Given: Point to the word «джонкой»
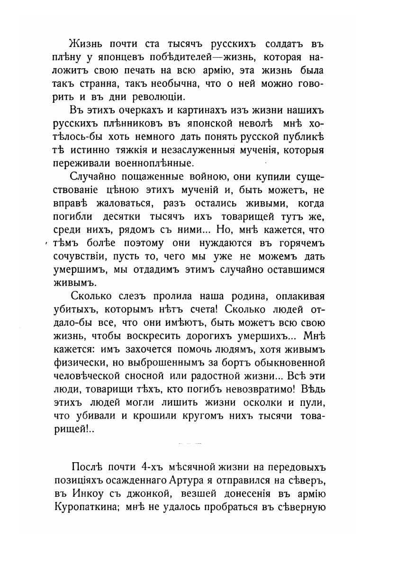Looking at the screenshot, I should (162, 496).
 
